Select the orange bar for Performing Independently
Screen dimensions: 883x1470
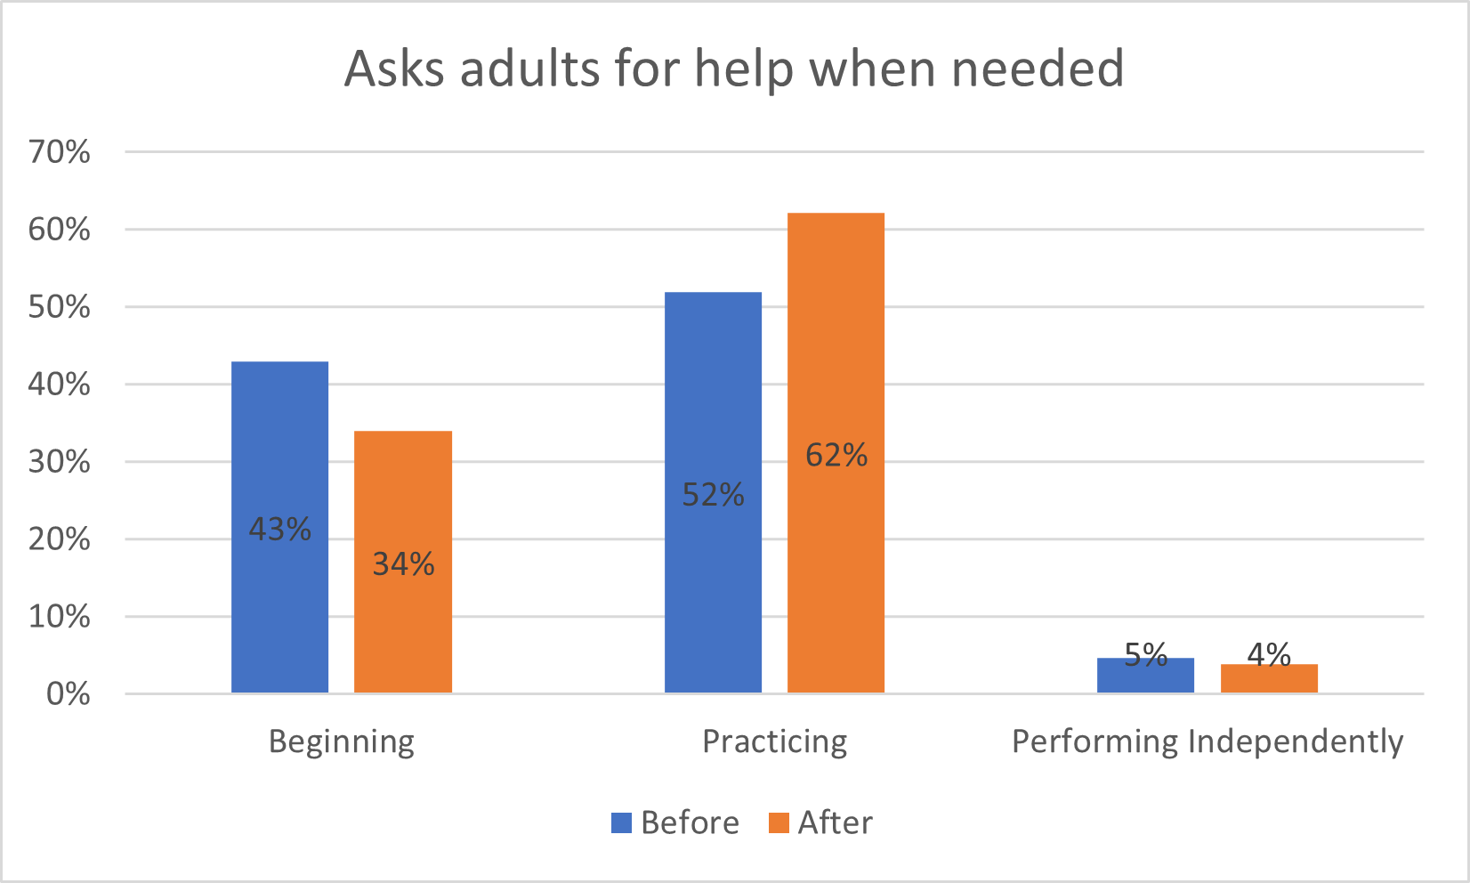coord(1269,680)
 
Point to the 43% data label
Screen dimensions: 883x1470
coord(279,530)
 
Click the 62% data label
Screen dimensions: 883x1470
coord(836,456)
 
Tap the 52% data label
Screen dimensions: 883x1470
coord(713,495)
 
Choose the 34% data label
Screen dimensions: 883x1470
coord(403,564)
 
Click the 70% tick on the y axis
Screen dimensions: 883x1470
coord(60,152)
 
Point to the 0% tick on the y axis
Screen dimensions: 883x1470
coord(68,694)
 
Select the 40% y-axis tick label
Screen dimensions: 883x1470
coord(60,385)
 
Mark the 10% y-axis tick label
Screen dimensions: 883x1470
coord(60,617)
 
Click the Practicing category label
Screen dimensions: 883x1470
coord(774,741)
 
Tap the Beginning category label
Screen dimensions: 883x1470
coord(342,741)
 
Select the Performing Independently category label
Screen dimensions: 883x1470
coord(1207,741)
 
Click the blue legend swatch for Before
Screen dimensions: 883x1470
coord(621,822)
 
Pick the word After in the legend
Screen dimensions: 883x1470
coord(835,822)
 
